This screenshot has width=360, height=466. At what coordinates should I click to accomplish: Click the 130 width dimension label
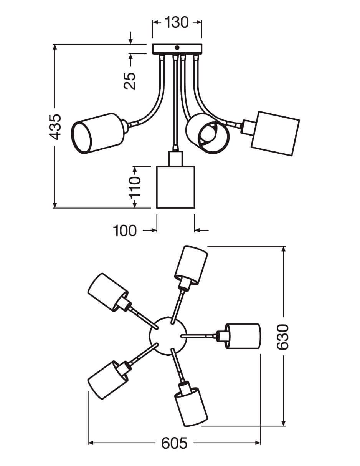pos(177,23)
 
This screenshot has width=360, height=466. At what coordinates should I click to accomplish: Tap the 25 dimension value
pos(130,81)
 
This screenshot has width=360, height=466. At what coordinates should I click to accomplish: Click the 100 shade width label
pos(125,231)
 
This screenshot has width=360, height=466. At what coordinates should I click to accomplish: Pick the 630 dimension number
pos(283,337)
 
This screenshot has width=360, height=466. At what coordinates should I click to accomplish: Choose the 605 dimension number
pos(174,443)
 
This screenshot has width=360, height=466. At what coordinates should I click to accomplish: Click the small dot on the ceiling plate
pos(177,48)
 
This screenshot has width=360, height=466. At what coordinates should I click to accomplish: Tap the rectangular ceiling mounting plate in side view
pos(177,49)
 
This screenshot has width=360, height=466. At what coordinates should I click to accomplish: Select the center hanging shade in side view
pos(176,187)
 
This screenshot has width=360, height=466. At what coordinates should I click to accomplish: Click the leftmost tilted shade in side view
pos(98,133)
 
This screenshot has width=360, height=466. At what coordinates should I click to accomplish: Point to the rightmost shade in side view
pos(275,133)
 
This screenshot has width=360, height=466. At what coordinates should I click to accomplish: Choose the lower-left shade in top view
pos(107,380)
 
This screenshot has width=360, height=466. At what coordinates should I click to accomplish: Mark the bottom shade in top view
pos(191,407)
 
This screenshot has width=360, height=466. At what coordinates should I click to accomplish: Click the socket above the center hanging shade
pos(175,158)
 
